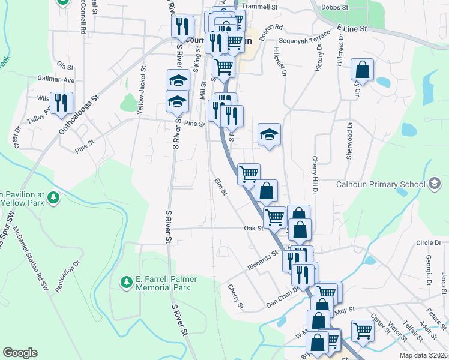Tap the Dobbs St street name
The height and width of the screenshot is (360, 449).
(x=336, y=7)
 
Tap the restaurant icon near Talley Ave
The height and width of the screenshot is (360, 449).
(x=61, y=103)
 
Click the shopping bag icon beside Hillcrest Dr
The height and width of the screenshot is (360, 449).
(x=363, y=70)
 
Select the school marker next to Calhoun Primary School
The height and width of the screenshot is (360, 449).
(x=436, y=184)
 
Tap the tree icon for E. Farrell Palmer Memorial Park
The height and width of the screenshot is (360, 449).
(x=126, y=281)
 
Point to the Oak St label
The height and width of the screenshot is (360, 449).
(x=253, y=228)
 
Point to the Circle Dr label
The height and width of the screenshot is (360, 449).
(x=428, y=242)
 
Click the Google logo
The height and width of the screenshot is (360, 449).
(x=20, y=353)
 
